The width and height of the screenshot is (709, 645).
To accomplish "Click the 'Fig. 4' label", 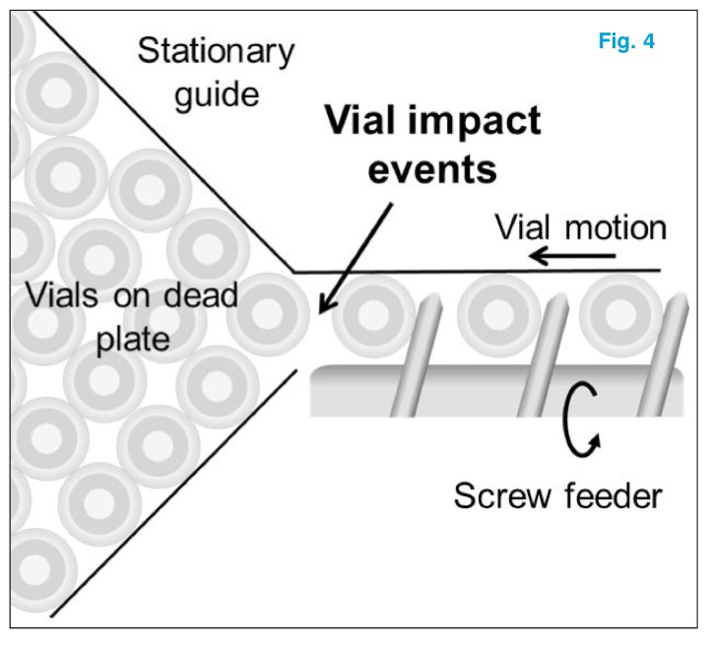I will click(626, 43).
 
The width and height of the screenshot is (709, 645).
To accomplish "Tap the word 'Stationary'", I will click(216, 51).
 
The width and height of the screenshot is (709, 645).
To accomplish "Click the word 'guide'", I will click(217, 97).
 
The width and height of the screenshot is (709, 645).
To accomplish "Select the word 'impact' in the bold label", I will click(477, 121).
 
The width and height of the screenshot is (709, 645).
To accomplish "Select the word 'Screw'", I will click(499, 495).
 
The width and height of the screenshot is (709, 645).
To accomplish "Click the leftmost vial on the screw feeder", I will click(372, 314).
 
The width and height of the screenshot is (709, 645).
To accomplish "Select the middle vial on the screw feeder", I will click(497, 314).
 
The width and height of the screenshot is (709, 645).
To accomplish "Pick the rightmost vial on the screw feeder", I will click(617, 314).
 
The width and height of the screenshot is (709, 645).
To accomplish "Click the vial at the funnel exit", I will click(268, 312).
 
